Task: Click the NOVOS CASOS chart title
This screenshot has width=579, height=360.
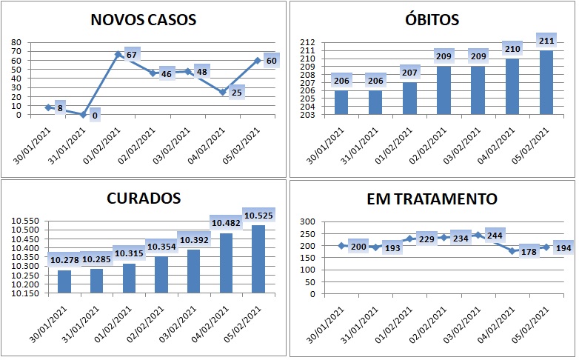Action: (x=143, y=20)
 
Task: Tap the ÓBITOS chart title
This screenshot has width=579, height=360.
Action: (x=433, y=20)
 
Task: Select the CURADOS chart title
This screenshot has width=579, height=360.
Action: (x=143, y=199)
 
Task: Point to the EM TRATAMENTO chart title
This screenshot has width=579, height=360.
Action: (x=432, y=199)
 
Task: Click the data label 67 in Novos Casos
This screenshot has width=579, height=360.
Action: (x=133, y=56)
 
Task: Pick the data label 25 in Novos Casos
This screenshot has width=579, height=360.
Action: (x=236, y=93)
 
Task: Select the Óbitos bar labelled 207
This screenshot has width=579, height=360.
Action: (x=409, y=98)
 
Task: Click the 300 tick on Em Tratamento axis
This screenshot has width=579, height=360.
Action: (x=307, y=221)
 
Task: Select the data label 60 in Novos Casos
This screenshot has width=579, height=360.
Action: (x=271, y=61)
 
